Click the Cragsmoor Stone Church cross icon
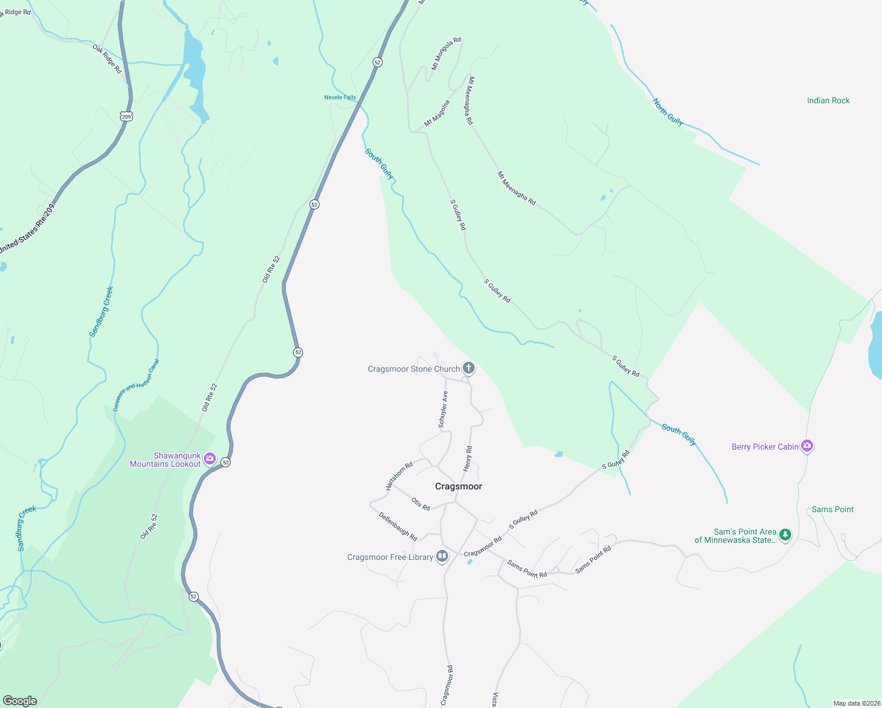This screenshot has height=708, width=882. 469,369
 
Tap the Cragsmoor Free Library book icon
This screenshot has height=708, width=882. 442,556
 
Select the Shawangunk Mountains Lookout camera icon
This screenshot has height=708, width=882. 210,459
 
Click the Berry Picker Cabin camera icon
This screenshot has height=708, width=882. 808,446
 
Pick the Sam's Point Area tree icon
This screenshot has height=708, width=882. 785,535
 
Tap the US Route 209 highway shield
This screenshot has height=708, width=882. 126,116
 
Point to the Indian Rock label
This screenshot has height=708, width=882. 828,101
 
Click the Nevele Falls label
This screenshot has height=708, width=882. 340,97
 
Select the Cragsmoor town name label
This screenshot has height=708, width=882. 458,486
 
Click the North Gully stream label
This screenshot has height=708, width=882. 667,112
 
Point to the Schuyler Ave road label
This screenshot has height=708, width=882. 443,409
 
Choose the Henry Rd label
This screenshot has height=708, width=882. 468,458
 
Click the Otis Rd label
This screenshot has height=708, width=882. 420,504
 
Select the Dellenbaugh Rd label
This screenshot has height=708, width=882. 398,526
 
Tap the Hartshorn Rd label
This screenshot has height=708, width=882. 399,476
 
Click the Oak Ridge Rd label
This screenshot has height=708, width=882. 107,58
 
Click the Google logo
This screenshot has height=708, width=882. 19,701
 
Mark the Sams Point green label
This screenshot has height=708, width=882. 832,509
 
